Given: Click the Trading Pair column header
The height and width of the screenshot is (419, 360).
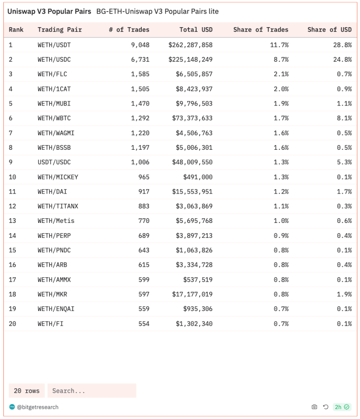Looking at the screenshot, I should click(60, 30).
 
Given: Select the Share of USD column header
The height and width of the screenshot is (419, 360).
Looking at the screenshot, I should click(329, 30).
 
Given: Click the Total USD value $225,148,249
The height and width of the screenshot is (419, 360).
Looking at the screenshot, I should click(190, 60).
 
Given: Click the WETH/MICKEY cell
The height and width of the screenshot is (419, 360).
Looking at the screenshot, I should click(58, 177).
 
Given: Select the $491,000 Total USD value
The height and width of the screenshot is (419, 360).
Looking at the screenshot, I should click(198, 177).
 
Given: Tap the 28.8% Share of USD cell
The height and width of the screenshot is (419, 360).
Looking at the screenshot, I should click(342, 45).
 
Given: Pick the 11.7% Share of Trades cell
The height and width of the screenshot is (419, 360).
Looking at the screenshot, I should click(279, 45).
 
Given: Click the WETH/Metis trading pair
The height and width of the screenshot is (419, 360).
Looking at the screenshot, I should click(56, 221).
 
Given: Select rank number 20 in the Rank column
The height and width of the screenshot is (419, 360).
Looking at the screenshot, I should click(12, 324).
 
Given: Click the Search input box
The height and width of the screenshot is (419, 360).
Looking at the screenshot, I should click(91, 390).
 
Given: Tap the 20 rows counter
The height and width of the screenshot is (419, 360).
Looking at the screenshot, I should click(26, 390).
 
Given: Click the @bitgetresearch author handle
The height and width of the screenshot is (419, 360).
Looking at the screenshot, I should click(37, 407).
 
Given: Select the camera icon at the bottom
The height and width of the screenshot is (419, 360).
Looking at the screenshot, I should click(314, 407).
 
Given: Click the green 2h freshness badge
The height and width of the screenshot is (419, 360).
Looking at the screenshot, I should click(342, 407).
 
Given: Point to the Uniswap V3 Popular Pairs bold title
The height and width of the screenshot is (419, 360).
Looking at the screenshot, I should click(49, 11).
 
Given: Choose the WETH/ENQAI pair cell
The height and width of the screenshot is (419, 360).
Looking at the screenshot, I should click(56, 309).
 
